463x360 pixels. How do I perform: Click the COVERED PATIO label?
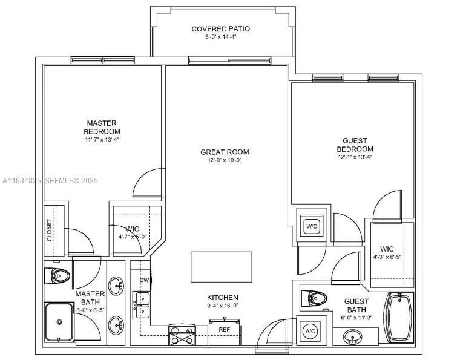[220, 29]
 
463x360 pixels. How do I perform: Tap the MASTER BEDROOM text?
[102, 127]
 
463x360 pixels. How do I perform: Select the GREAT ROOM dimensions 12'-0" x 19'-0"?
[225, 160]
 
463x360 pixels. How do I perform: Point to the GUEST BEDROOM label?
[355, 145]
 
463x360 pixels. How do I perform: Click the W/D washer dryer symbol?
[312, 227]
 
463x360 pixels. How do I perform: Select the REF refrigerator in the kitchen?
[224, 330]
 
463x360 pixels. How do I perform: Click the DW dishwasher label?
[145, 280]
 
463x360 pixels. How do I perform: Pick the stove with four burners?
[182, 335]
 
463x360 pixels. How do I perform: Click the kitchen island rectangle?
[221, 267]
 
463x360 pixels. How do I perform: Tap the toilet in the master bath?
[57, 277]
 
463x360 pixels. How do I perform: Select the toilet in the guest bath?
[315, 298]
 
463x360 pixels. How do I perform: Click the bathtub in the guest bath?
[399, 317]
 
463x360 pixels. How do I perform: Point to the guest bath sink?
[353, 337]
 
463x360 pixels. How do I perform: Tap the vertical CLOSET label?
[50, 230]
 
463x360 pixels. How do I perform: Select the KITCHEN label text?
[223, 298]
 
